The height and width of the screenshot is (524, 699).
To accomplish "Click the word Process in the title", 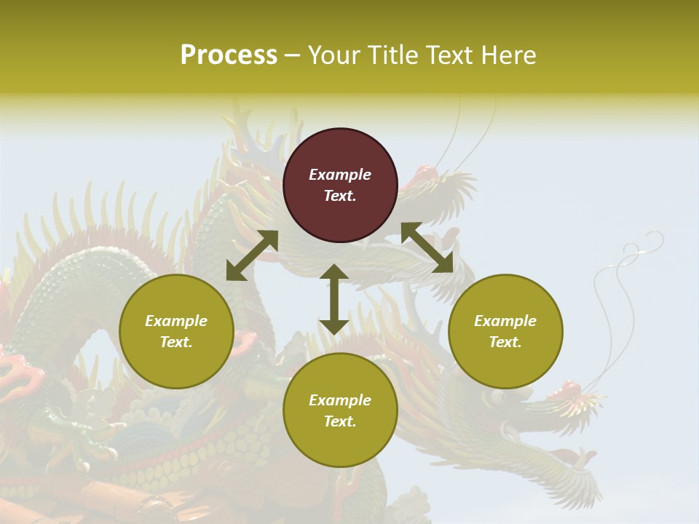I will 229,55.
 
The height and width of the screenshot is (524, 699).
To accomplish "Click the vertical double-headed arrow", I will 333,299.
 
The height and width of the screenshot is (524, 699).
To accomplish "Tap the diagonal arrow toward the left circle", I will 252,255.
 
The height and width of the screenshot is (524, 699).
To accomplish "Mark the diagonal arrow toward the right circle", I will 427,247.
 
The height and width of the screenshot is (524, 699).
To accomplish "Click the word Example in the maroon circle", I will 340,175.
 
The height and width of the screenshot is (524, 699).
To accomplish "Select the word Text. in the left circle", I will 176,342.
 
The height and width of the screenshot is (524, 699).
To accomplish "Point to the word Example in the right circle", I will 505,321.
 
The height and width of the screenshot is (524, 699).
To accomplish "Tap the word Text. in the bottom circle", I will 340,421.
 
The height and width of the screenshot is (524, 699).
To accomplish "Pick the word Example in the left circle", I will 176,321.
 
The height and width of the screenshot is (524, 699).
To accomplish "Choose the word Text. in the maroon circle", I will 340,196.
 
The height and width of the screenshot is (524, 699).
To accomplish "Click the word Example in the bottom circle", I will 340,400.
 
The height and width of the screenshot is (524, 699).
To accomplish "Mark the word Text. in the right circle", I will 505,342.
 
